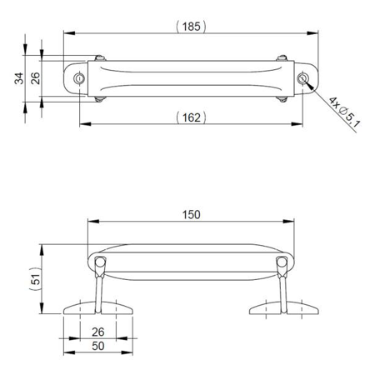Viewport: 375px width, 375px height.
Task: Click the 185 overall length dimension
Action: click(191, 27)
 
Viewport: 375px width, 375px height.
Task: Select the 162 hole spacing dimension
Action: click(191, 117)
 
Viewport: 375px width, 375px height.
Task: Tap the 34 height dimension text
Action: click(19, 78)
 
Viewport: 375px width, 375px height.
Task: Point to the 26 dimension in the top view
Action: click(35, 78)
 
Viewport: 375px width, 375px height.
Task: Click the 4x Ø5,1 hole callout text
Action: click(344, 112)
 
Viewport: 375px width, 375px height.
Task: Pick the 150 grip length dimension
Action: click(191, 215)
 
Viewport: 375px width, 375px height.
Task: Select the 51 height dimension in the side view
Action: click(35, 279)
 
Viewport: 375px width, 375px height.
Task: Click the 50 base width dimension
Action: click(98, 346)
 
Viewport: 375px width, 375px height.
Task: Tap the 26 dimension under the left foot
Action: click(98, 332)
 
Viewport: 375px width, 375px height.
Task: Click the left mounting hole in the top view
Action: click(79, 78)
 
